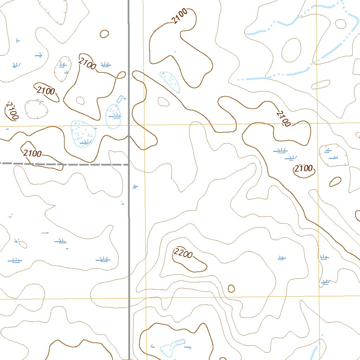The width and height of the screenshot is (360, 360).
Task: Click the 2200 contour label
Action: pos(183,253)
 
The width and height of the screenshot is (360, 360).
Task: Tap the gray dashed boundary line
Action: pos(63,164)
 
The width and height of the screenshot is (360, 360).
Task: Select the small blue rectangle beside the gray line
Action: pos(120,99)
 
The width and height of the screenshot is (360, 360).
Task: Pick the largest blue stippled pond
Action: pos(83,134)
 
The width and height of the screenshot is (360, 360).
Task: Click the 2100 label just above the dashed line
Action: pos(33,153)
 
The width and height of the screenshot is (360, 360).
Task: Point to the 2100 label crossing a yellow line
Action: pos(284,119)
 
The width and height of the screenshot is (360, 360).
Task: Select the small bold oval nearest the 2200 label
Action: pos(231,289)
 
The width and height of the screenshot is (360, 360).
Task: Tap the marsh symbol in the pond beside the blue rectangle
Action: pos(115,116)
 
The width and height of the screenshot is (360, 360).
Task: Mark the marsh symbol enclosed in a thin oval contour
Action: pos(63,64)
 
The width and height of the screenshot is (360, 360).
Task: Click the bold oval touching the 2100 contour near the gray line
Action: pos(121,75)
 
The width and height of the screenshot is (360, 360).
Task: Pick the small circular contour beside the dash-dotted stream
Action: pos(341,24)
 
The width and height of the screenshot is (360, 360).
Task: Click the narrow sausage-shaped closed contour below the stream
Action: pos(320,85)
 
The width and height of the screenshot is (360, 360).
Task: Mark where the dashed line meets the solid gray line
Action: pos(129,164)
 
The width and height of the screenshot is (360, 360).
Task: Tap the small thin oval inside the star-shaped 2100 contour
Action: pos(80,101)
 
